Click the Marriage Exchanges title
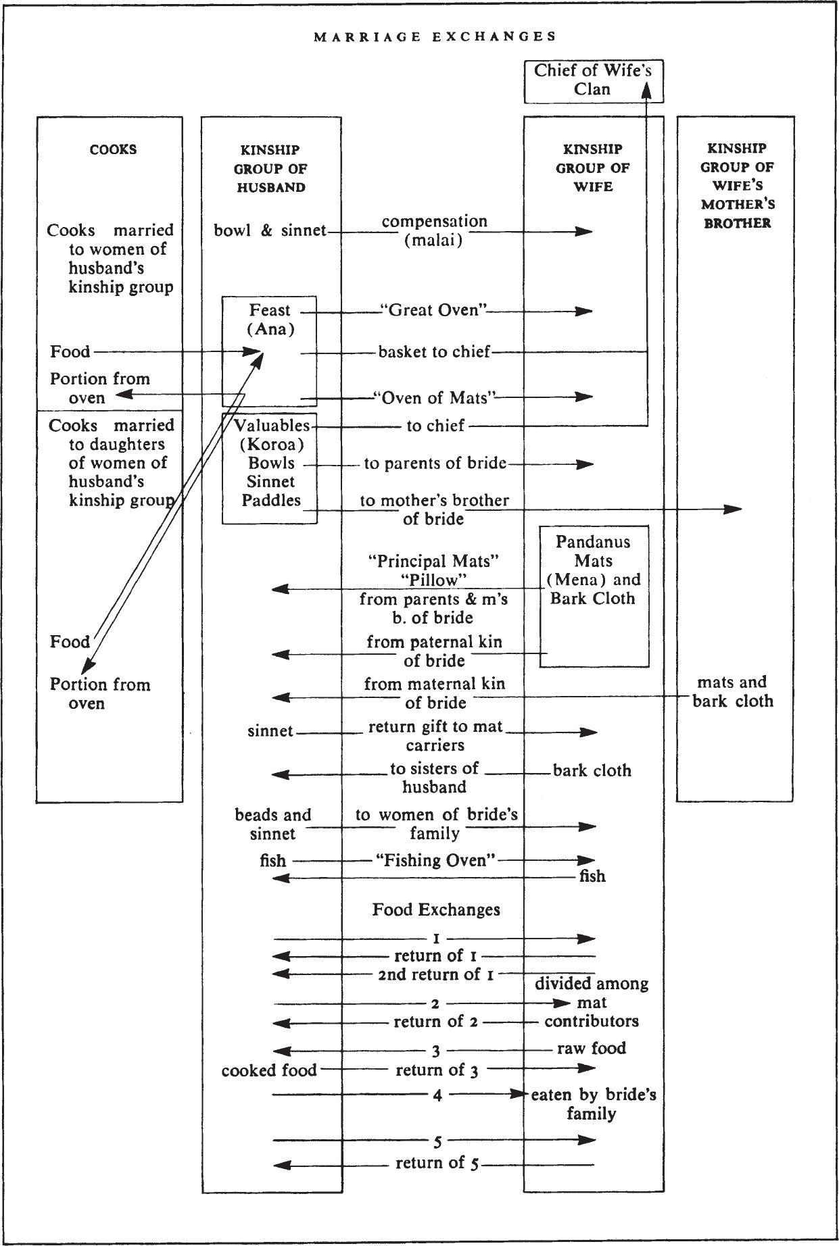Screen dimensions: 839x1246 (435, 36)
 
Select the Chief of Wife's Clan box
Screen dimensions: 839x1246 (594, 82)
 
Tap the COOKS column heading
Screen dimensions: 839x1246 (113, 149)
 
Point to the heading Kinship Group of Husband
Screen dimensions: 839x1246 (270, 168)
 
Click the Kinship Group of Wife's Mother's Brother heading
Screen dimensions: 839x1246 (737, 185)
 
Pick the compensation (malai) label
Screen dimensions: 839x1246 (434, 230)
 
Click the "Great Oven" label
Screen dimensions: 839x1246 (433, 311)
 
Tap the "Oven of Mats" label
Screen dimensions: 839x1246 (435, 397)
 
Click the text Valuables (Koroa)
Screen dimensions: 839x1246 (272, 435)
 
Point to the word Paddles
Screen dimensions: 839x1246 (271, 500)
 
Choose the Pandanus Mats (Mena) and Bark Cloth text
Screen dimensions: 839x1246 (593, 570)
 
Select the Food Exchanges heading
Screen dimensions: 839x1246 (436, 909)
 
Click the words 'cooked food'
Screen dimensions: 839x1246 (269, 1070)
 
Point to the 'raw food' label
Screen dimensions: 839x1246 (592, 1048)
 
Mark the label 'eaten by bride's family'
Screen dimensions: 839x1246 (593, 1103)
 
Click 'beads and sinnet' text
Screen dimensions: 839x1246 (273, 824)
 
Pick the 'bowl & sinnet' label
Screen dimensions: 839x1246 (270, 230)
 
